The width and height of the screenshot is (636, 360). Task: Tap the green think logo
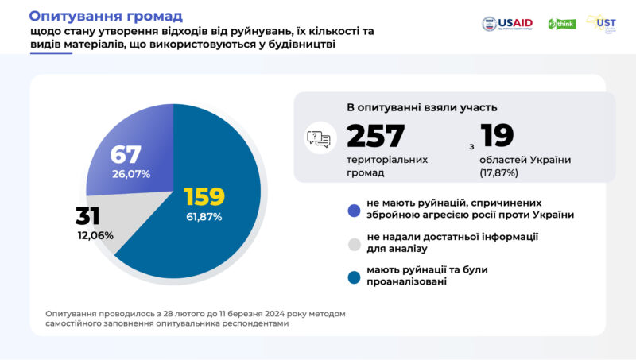[x=562, y=24]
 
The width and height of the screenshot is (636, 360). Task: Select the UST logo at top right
[x=602, y=23]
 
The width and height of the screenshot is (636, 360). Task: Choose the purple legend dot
[x=355, y=211]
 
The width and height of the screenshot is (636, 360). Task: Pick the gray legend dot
[x=355, y=243]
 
